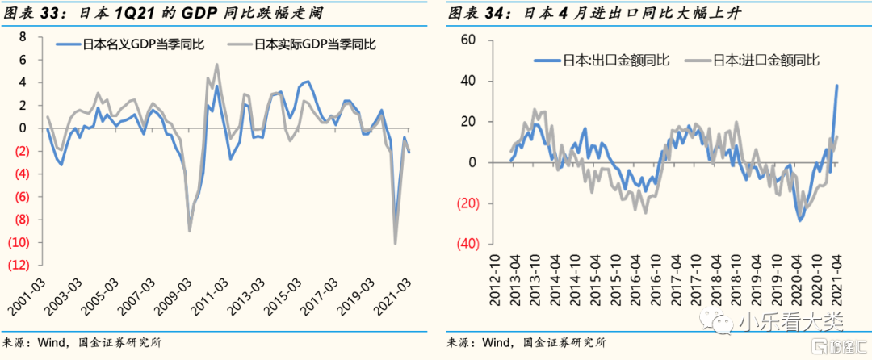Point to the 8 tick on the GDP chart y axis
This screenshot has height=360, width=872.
23,36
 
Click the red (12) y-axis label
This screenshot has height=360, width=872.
19,265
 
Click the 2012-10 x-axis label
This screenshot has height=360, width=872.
495,280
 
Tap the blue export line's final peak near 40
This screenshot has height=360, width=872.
836,86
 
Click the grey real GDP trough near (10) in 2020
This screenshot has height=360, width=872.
396,243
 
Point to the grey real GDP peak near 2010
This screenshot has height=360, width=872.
216,65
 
